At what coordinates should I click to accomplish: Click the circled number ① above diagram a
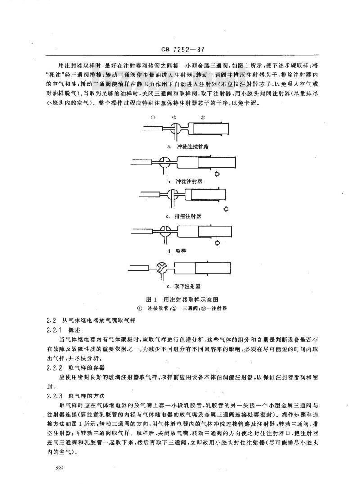pyautogui.click(x=153, y=118)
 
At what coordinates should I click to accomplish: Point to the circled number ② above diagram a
pyautogui.click(x=174, y=118)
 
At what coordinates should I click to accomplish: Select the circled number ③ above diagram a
pyautogui.click(x=202, y=118)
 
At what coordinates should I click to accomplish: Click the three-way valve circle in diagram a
pyautogui.click(x=175, y=128)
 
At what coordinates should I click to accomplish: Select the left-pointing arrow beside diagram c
pyautogui.click(x=225, y=209)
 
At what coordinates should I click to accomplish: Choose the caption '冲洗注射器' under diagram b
pyautogui.click(x=190, y=181)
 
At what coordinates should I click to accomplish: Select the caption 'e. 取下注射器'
pyautogui.click(x=184, y=286)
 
